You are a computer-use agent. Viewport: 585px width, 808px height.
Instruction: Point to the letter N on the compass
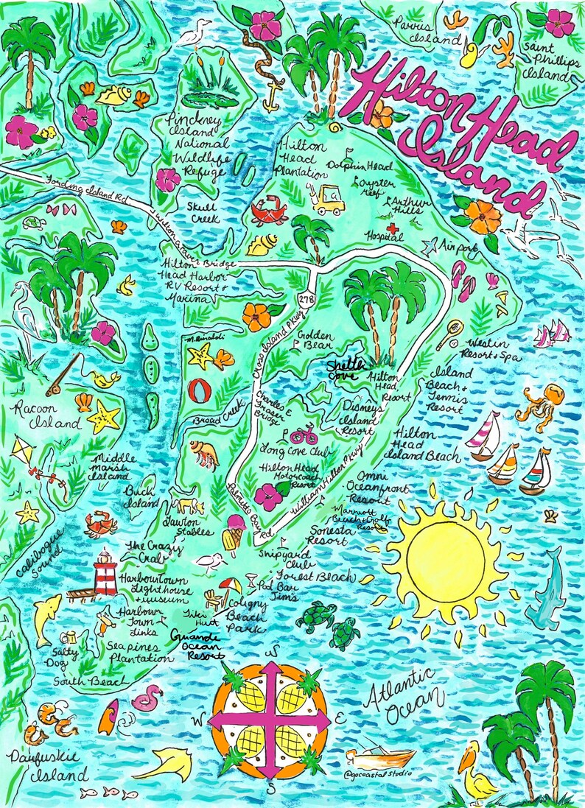click(273, 652)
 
